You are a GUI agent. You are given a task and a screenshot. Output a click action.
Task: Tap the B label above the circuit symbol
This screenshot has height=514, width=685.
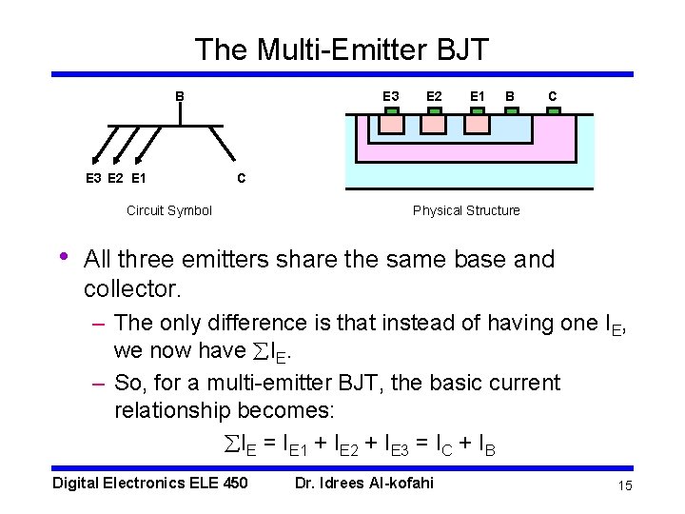(179, 96)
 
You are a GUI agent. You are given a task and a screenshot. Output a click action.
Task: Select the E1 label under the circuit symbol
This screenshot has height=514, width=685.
(139, 178)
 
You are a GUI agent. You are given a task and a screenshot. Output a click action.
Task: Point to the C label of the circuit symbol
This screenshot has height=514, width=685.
(242, 178)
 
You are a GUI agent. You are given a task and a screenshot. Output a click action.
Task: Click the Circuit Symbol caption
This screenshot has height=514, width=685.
(169, 210)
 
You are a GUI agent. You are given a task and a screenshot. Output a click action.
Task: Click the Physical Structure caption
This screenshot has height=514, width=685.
(466, 210)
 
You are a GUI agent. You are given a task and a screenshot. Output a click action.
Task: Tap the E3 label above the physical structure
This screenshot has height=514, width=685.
(391, 96)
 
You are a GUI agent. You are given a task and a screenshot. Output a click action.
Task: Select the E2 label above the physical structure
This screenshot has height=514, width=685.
(434, 96)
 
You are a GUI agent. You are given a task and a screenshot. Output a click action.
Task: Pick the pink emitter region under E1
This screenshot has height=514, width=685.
(478, 123)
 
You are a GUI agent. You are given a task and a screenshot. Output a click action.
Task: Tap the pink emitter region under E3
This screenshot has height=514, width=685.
(391, 123)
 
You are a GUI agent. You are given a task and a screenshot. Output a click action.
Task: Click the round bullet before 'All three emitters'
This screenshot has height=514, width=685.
(63, 257)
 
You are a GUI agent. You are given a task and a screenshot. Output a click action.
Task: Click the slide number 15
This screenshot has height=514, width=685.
(625, 486)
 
